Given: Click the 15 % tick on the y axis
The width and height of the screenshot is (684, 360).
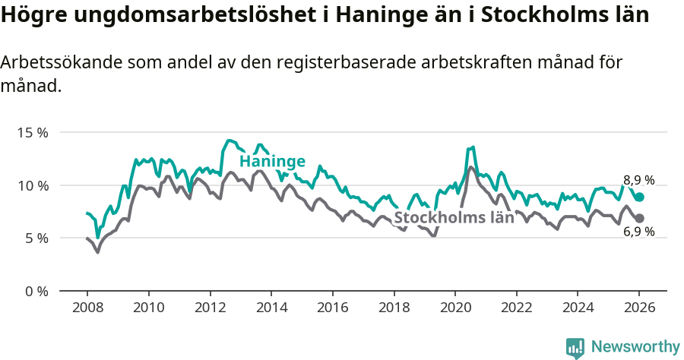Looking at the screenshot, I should click(x=33, y=132).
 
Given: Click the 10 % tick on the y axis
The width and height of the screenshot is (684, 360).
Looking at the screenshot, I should click(x=33, y=185).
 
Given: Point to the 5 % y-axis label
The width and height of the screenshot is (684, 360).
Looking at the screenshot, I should click(x=36, y=238).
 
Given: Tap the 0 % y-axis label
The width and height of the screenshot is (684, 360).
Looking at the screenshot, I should click(x=36, y=291).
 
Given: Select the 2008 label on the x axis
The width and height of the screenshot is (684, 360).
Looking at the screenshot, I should click(x=87, y=308).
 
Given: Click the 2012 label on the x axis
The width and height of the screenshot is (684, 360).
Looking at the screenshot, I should click(x=210, y=308).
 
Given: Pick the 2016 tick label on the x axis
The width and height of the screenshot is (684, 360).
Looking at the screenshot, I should click(x=332, y=308).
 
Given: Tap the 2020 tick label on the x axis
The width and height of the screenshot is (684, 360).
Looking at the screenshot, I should click(x=455, y=308).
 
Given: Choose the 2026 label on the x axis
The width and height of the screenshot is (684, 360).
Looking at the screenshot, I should click(x=639, y=308).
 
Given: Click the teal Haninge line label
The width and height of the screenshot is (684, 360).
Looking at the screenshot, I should click(x=272, y=161).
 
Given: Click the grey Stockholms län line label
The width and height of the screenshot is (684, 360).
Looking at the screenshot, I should click(x=454, y=218).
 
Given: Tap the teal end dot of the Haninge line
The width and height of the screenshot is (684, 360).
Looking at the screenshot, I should click(x=640, y=197).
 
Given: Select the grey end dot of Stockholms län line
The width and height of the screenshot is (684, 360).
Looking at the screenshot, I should click(x=640, y=218).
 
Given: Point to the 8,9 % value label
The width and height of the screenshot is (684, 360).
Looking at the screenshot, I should click(x=638, y=180).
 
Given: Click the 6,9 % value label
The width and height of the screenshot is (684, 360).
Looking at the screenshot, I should click(x=638, y=232).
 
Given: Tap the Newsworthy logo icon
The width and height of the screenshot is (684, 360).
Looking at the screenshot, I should click(x=575, y=347).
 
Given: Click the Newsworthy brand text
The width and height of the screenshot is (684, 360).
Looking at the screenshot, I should click(x=635, y=347).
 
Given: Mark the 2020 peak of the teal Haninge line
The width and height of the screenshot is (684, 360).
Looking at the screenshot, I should click(x=473, y=147).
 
